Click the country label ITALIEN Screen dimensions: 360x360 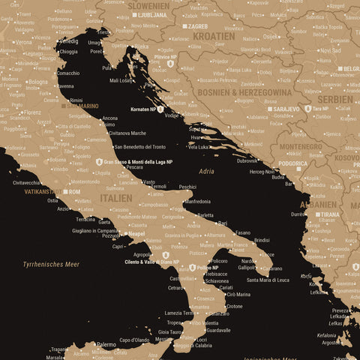[115, 198]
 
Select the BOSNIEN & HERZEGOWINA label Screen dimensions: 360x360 [246, 91]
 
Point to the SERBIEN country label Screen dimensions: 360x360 [334, 99]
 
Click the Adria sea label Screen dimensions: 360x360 [206, 172]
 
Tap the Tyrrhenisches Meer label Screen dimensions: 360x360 [51, 264]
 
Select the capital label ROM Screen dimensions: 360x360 [74, 192]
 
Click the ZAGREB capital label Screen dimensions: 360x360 [198, 26]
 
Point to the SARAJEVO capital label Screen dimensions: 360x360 [286, 109]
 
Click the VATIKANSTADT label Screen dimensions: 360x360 [42, 192]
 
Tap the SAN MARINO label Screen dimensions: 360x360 [82, 106]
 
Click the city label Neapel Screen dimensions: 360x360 [136, 234]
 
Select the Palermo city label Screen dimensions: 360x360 [106, 345]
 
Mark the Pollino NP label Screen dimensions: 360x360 [208, 267]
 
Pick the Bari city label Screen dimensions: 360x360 [222, 223]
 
